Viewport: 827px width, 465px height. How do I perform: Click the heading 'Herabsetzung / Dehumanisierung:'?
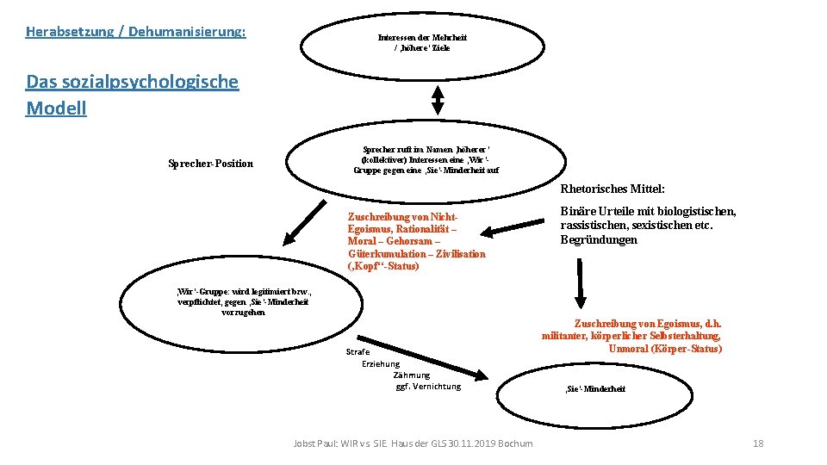tap(135, 32)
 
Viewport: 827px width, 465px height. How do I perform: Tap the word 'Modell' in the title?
tap(56, 108)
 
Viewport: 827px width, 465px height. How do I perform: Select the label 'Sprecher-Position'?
tap(211, 164)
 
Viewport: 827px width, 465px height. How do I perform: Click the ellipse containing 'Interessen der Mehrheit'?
tap(422, 42)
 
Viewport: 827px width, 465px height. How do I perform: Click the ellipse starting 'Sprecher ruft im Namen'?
tap(426, 159)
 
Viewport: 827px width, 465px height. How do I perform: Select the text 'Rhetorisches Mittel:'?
tap(612, 189)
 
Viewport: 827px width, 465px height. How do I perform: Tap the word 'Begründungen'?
tap(599, 240)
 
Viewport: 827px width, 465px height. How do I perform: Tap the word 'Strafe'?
tap(358, 352)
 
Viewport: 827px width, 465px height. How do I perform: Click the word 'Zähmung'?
tap(411, 375)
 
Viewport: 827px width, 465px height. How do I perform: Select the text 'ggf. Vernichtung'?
tap(428, 387)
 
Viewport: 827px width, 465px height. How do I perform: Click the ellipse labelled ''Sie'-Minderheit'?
tap(594, 389)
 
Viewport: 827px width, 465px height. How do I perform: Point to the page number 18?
tap(758, 443)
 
